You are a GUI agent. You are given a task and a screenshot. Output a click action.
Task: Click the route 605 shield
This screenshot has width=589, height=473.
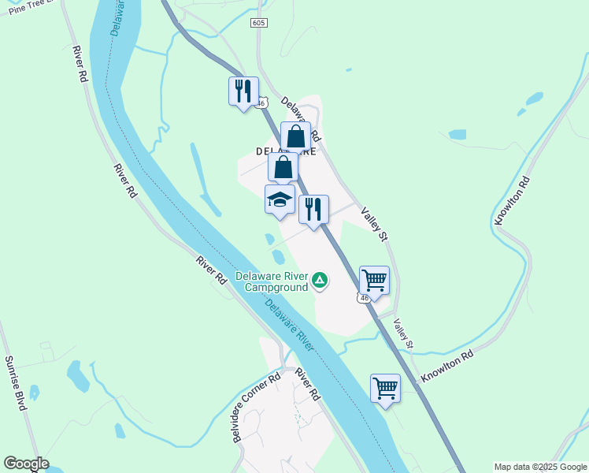(260, 24)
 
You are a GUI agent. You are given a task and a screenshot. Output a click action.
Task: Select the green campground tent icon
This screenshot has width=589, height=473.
(320, 280)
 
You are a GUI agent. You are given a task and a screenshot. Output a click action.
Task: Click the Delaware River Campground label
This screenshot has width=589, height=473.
(272, 282)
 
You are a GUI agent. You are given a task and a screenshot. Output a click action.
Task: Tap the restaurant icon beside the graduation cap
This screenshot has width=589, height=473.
(313, 209)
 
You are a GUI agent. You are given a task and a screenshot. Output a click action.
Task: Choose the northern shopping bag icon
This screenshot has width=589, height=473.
(296, 136)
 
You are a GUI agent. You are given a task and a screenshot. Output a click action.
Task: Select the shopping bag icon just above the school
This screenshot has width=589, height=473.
(283, 167)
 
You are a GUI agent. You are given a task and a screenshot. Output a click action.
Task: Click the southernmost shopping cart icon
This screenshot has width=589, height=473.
(385, 388)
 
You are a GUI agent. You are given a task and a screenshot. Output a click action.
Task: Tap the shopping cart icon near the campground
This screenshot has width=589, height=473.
(374, 280)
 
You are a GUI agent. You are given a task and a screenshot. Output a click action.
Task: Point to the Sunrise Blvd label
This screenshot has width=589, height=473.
(16, 382)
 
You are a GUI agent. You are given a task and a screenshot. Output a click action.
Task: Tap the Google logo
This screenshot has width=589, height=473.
(25, 464)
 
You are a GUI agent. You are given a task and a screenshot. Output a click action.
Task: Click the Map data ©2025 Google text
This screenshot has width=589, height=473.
(539, 467)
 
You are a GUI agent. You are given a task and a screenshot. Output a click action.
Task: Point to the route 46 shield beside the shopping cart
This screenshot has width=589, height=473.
(363, 298)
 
